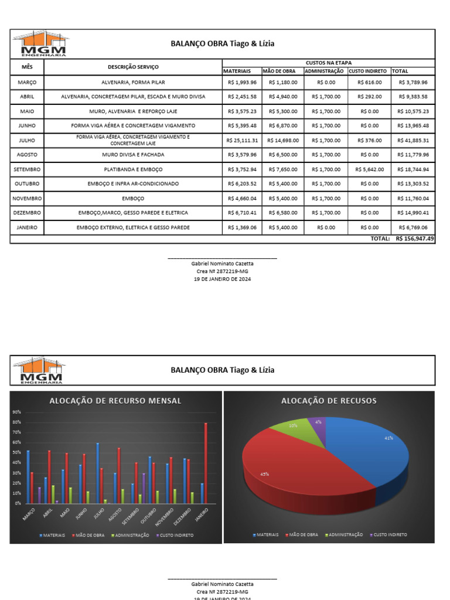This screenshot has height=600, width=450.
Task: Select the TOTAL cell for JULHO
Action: (413, 141)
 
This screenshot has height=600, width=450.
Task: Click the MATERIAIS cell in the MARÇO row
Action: (242, 83)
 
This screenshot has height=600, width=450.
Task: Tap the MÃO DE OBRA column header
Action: (282, 71)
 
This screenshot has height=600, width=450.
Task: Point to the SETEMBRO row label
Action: (27, 169)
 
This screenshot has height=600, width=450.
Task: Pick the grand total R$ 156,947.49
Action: (415, 238)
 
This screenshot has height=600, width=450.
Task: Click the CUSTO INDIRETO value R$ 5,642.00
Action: (369, 169)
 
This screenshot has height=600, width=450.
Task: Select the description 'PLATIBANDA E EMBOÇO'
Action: (133, 169)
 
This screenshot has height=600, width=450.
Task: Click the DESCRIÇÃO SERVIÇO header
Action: (133, 67)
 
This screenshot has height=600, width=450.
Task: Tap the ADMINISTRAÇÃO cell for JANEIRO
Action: (325, 227)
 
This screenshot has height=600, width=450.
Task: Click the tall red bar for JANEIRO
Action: (206, 463)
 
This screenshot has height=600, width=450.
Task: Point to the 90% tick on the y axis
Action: (16, 412)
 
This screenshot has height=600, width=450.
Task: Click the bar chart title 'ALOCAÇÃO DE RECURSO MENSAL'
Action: (115, 401)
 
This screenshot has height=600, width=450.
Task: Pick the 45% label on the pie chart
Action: (265, 474)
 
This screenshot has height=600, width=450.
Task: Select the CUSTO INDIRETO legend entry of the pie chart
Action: (388, 535)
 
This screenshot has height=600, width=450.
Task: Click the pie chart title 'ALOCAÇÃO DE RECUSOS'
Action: (329, 401)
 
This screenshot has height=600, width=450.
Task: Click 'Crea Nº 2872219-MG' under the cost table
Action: (223, 271)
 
